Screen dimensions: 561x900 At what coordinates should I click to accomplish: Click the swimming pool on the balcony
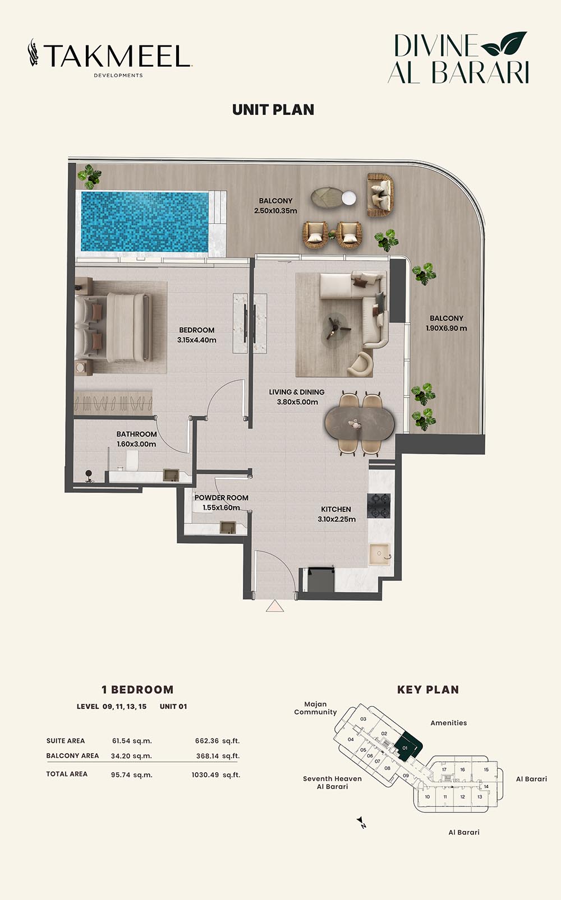tap(145, 221)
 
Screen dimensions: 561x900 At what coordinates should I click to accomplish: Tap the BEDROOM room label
tap(196, 330)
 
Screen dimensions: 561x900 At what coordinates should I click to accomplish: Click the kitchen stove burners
tap(379, 505)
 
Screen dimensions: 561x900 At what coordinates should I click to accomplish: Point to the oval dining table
tap(360, 424)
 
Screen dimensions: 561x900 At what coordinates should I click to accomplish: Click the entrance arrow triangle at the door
tap(275, 606)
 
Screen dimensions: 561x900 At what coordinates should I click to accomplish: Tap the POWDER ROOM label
tap(222, 497)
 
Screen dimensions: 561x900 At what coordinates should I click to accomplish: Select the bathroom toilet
tap(132, 460)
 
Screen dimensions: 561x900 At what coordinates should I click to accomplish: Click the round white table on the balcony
tap(348, 198)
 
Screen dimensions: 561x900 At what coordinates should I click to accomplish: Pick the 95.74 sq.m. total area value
tap(131, 775)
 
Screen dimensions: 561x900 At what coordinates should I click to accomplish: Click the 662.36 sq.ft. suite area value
tap(218, 741)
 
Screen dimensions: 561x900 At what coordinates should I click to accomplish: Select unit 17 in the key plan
tap(444, 769)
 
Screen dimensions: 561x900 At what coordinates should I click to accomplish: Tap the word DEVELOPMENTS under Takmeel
tap(118, 75)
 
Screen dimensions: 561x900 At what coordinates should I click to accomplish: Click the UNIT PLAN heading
tap(273, 110)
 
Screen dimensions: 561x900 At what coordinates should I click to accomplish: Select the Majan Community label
tap(315, 708)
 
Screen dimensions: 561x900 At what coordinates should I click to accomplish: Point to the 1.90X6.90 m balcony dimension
tap(447, 328)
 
